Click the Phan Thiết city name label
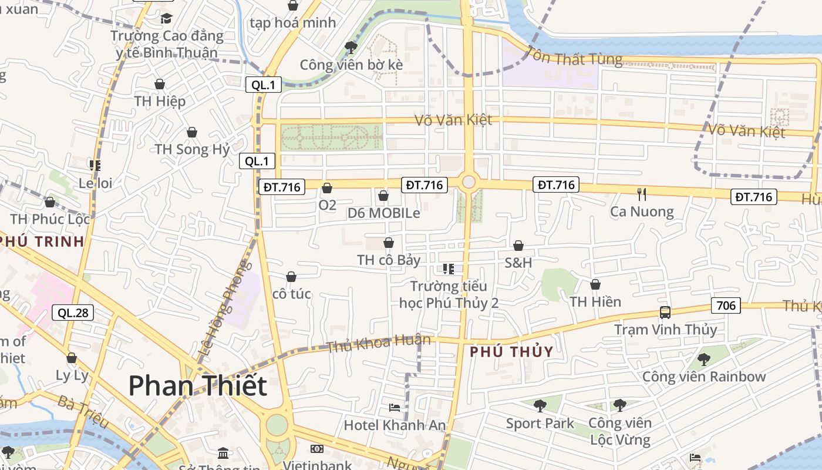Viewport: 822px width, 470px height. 197,386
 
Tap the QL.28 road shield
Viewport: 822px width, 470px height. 73,313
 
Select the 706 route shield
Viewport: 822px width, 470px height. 726,305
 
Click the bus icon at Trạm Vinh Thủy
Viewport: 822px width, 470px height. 665,313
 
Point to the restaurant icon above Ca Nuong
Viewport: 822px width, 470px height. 642,194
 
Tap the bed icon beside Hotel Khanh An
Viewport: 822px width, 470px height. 395,408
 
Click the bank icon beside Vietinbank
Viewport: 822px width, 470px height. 317,449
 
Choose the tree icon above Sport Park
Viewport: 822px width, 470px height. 540,405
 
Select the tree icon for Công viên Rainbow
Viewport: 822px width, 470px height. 703,359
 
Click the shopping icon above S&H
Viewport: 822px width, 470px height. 518,246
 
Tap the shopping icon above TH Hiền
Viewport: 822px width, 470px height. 595,284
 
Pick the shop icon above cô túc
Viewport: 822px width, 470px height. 291,277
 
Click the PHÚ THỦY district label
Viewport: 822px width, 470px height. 512,352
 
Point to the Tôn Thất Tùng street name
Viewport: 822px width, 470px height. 574,56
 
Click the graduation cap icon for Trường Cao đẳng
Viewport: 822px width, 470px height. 167,19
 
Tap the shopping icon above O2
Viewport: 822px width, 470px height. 327,188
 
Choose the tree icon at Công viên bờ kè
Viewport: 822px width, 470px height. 351,47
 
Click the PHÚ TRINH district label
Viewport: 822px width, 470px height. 42,241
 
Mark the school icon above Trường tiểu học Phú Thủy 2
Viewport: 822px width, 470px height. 449,269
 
